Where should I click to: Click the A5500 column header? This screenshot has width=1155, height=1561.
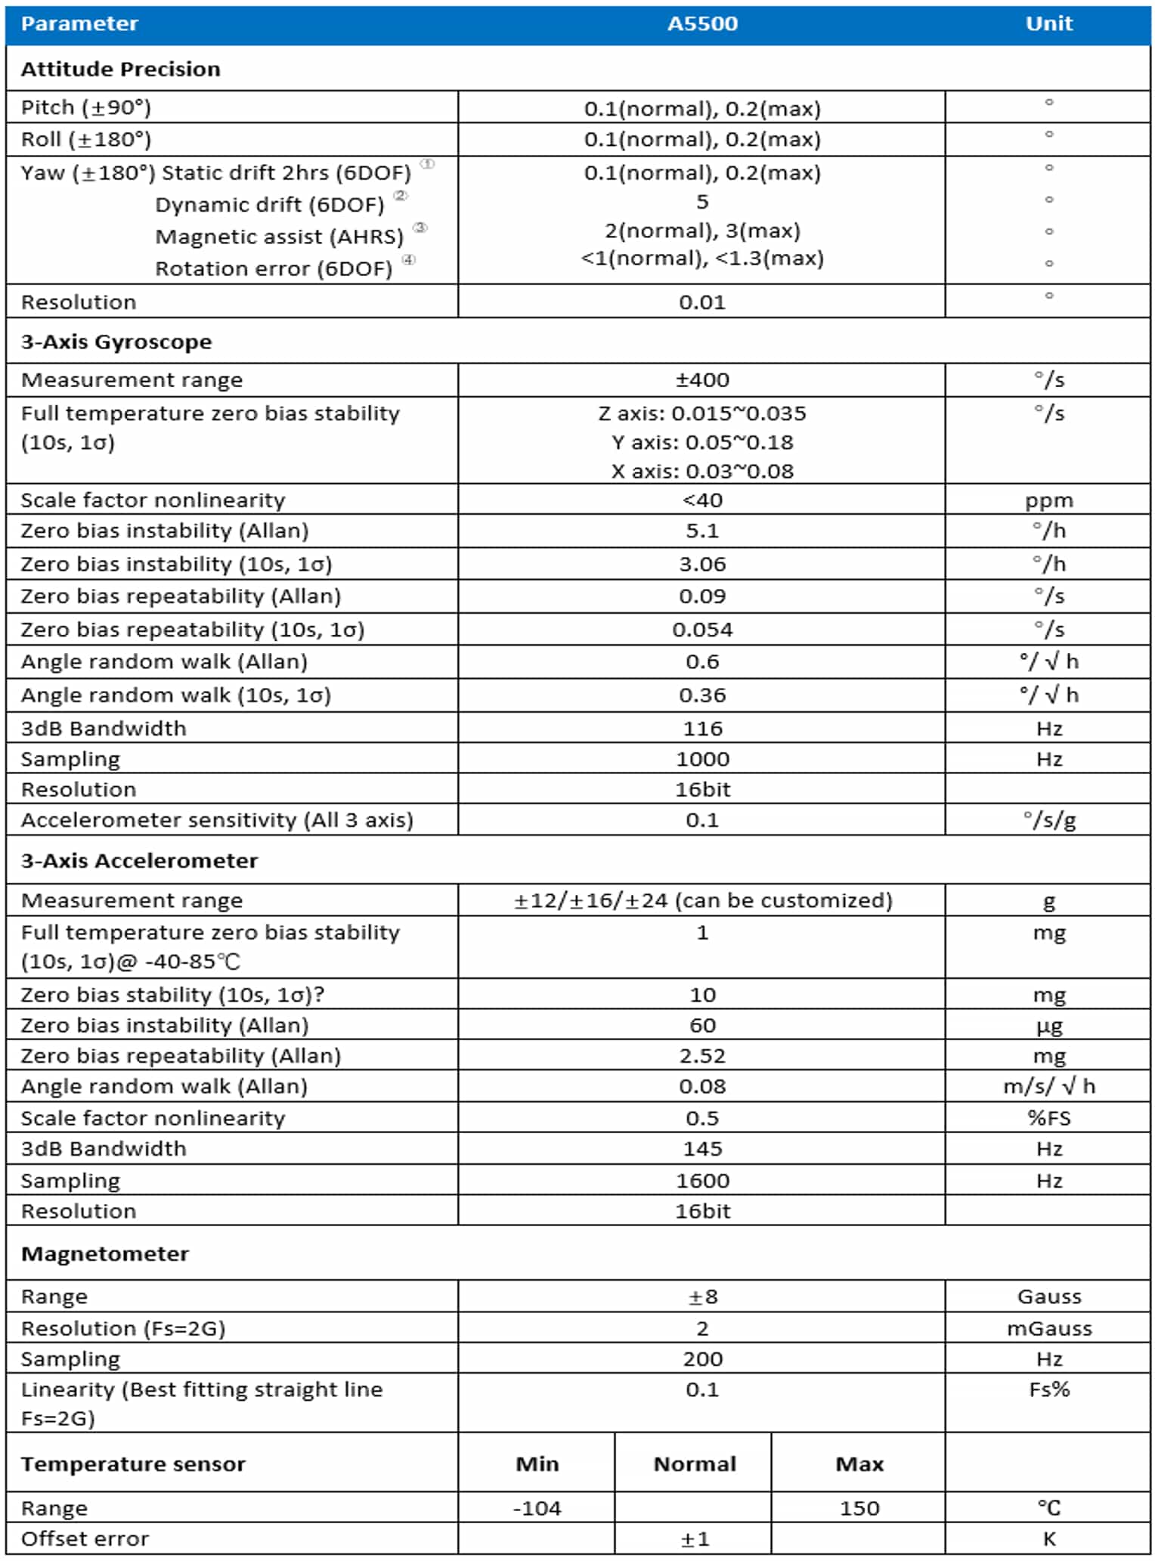click(701, 23)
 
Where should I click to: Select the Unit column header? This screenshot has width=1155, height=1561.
click(1048, 23)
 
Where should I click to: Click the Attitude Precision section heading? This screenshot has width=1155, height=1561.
click(121, 69)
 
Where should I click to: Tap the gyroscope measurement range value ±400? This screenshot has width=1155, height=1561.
click(701, 379)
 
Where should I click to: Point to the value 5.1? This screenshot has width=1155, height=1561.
click(701, 531)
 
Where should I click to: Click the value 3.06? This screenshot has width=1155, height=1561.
click(701, 564)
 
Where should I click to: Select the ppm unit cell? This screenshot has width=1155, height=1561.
click(1048, 500)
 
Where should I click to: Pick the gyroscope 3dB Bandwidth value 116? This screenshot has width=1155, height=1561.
click(701, 728)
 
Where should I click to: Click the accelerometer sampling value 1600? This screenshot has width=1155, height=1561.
click(701, 1180)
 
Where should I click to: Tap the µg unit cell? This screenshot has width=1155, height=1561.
click(1048, 1026)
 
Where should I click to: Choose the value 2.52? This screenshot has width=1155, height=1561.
click(701, 1055)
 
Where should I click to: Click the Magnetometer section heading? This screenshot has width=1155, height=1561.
click(105, 1253)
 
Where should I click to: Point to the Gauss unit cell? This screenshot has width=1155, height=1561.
click(1048, 1296)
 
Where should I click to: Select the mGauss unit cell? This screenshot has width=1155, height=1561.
click(1048, 1328)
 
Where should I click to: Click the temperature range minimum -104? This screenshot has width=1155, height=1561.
click(537, 1508)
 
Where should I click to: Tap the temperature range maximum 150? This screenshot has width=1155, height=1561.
click(859, 1508)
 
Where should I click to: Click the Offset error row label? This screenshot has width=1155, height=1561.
click(85, 1538)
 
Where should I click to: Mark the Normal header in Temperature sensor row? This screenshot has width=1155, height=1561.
click(694, 1463)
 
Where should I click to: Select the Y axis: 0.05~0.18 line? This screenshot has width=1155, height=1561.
click(701, 442)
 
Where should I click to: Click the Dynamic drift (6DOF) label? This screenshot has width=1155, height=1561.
click(270, 205)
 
